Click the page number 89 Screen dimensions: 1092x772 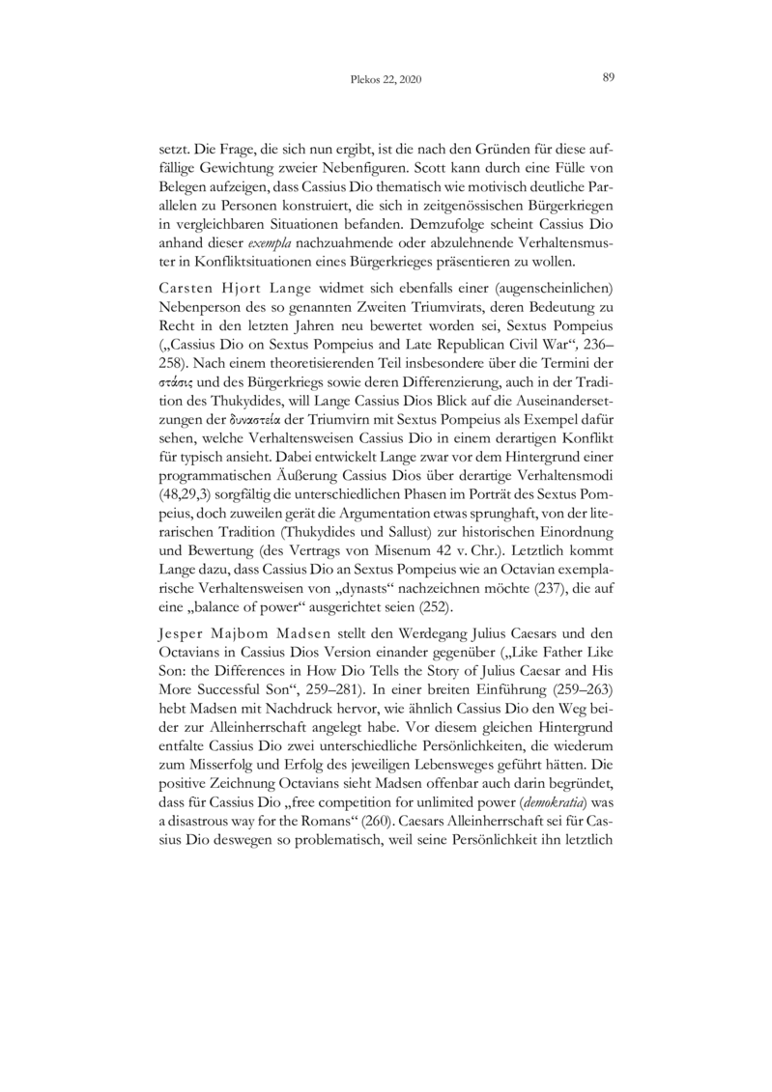pos(609,79)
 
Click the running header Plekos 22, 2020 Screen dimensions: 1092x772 pos(386,81)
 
